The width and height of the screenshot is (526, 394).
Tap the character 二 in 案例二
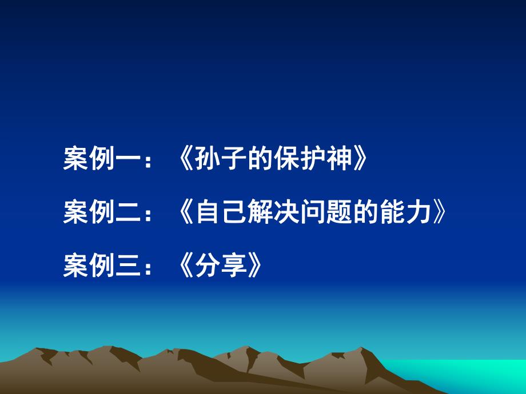pyautogui.click(x=126, y=213)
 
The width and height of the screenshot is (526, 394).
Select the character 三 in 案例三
pyautogui.click(x=126, y=266)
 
